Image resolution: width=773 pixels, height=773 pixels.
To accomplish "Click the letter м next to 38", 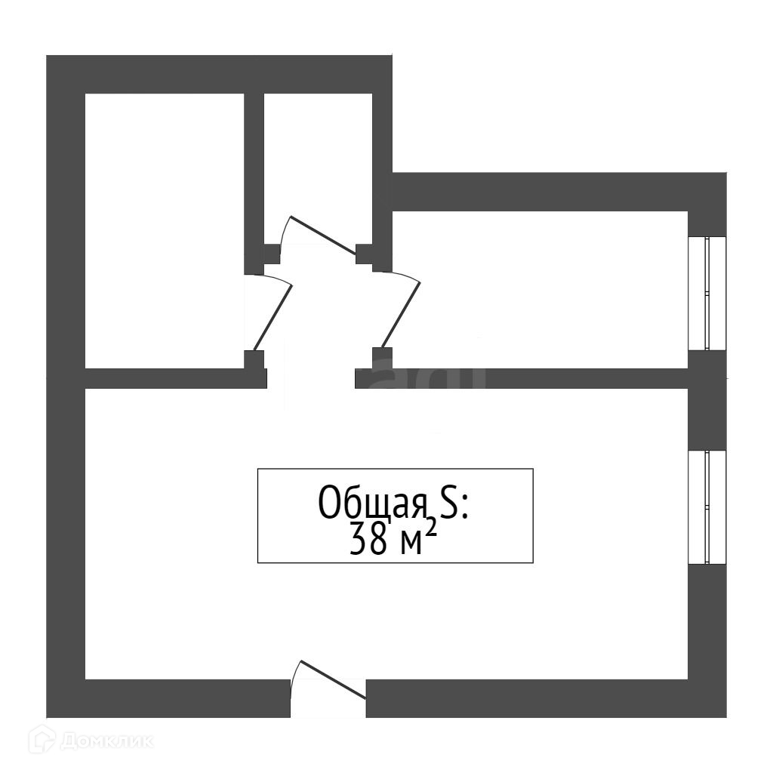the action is (x=410, y=543).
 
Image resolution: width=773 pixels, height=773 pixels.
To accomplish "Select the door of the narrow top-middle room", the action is (x=323, y=236).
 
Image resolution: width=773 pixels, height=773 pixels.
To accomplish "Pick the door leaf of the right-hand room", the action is (x=401, y=316).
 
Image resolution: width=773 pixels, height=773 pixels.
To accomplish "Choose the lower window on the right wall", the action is (x=707, y=507).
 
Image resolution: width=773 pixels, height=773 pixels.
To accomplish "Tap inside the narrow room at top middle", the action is (x=318, y=159).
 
